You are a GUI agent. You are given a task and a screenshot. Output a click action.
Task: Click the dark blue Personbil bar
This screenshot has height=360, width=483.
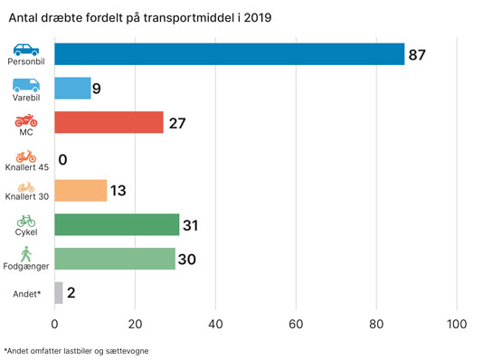pyautogui.click(x=230, y=54)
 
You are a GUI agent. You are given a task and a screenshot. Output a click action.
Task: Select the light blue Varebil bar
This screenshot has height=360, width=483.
pyautogui.click(x=72, y=88)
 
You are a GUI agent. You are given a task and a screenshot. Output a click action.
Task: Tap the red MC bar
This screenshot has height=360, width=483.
pyautogui.click(x=109, y=122)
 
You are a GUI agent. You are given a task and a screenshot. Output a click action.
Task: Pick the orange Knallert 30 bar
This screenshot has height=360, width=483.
pyautogui.click(x=80, y=191)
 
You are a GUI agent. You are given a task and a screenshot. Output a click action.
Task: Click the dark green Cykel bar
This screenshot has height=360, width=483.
pyautogui.click(x=117, y=224)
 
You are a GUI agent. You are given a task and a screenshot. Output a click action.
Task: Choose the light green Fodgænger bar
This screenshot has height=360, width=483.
pyautogui.click(x=115, y=259)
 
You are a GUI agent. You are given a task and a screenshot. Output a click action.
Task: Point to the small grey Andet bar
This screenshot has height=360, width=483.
pyautogui.click(x=59, y=293)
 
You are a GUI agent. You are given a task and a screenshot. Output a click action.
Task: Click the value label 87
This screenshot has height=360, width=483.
pyautogui.click(x=417, y=55)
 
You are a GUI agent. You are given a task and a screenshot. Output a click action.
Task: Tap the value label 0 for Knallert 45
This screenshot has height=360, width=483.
pyautogui.click(x=62, y=159)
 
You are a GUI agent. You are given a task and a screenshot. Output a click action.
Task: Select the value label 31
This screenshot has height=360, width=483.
pyautogui.click(x=190, y=225)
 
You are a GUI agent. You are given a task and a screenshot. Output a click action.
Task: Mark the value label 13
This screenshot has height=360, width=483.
pyautogui.click(x=118, y=191)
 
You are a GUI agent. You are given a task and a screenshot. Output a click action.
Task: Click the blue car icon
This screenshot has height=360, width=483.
pyautogui.click(x=26, y=50)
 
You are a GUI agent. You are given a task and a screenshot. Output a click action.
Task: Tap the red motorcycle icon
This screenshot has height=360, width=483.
pyautogui.click(x=26, y=120)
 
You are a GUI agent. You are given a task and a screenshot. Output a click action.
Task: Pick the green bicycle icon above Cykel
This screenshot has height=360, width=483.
pyautogui.click(x=26, y=221)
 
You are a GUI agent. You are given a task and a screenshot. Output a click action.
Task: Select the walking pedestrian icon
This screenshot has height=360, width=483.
pyautogui.click(x=26, y=254)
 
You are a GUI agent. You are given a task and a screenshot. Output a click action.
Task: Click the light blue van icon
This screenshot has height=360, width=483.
pyautogui.click(x=26, y=85)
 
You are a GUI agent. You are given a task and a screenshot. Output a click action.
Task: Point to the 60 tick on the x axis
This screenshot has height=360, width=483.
pyautogui.click(x=296, y=324)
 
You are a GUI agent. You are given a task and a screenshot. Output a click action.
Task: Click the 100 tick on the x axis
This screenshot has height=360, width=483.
pyautogui.click(x=457, y=324)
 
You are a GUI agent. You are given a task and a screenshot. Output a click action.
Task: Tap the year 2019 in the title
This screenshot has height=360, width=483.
pyautogui.click(x=258, y=17)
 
